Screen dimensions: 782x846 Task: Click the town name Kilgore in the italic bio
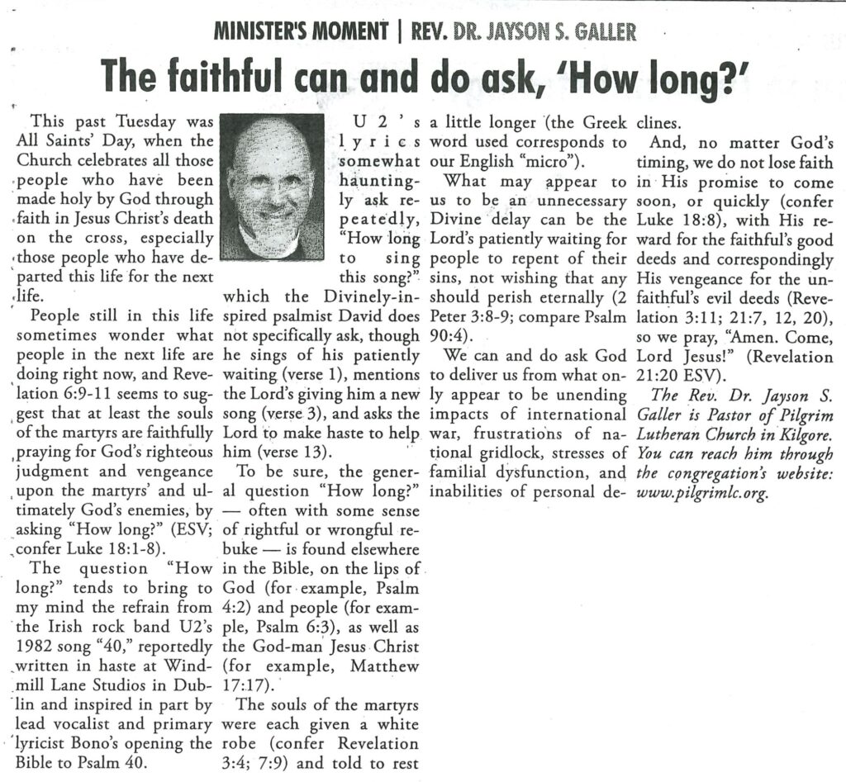pyautogui.click(x=801, y=435)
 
